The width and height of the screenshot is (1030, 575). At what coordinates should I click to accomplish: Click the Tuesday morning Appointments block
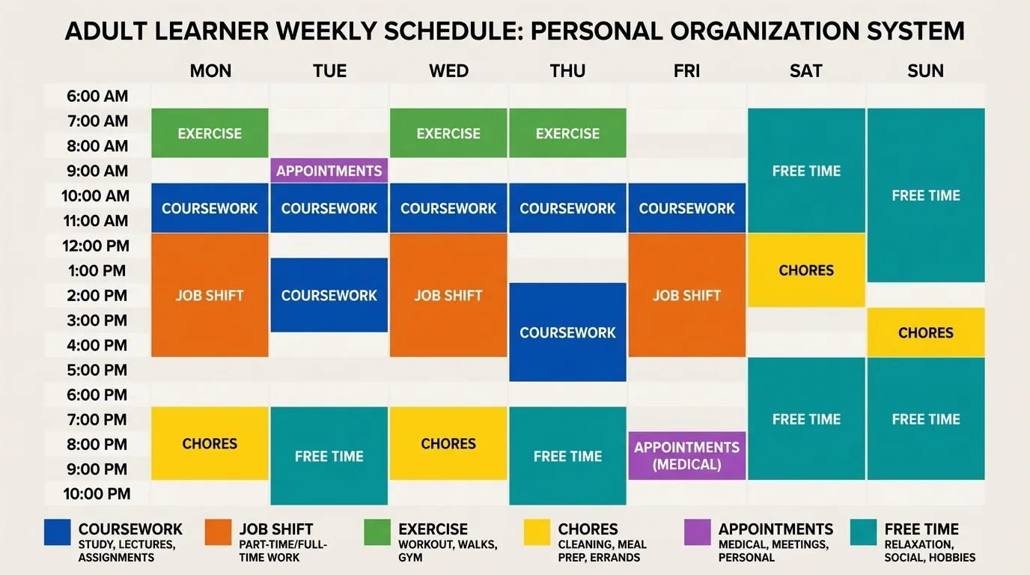[329, 171]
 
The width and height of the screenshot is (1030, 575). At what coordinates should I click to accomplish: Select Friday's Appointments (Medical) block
[686, 455]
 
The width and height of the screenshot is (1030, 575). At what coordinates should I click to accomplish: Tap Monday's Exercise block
[210, 133]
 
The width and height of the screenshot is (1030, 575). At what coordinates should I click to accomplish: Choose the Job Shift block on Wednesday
[448, 295]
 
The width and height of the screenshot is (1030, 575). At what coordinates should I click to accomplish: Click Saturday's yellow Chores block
[806, 270]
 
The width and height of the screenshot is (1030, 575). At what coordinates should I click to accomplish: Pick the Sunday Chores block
[925, 332]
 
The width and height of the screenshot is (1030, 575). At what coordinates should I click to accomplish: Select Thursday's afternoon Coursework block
[567, 332]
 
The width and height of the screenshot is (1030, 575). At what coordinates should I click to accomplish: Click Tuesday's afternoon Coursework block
[329, 295]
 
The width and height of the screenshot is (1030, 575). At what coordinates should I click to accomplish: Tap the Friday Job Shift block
[686, 295]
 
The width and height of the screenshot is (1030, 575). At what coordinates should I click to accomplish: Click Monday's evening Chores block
[210, 443]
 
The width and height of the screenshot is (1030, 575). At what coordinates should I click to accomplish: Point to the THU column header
[567, 71]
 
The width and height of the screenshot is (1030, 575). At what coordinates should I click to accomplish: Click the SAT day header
[806, 71]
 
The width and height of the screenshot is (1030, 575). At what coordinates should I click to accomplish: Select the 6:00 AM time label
[97, 96]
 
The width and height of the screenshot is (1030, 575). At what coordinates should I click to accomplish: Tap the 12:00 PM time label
[97, 246]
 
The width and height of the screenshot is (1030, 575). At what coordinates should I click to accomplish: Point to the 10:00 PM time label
[97, 493]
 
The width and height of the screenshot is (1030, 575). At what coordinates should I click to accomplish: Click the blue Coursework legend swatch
[58, 532]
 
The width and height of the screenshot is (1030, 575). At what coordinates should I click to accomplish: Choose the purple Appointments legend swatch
[698, 532]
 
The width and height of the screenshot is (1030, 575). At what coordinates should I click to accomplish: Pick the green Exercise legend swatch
[377, 532]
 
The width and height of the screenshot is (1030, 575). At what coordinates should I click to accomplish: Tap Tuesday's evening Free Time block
[329, 456]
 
